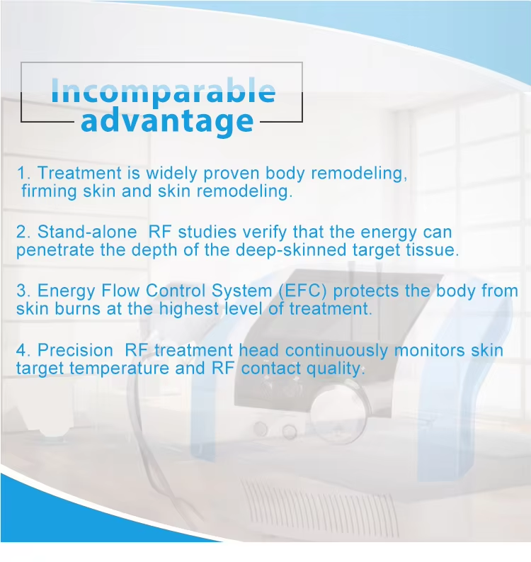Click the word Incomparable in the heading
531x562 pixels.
click(x=164, y=91)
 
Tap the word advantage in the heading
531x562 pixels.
click(x=167, y=121)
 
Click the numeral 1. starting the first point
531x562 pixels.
click(x=23, y=173)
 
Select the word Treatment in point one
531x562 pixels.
click(x=79, y=173)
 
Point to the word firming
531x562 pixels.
click(x=49, y=191)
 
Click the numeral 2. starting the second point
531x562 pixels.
click(x=23, y=232)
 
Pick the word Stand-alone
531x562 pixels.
click(x=87, y=232)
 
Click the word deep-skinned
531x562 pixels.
click(x=291, y=250)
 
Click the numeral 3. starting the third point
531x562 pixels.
click(x=23, y=291)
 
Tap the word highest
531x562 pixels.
click(x=189, y=309)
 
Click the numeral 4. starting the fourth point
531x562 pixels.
click(x=23, y=350)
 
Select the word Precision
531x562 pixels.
click(x=75, y=350)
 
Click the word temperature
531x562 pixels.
click(x=118, y=369)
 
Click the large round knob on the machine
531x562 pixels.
click(x=338, y=412)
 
